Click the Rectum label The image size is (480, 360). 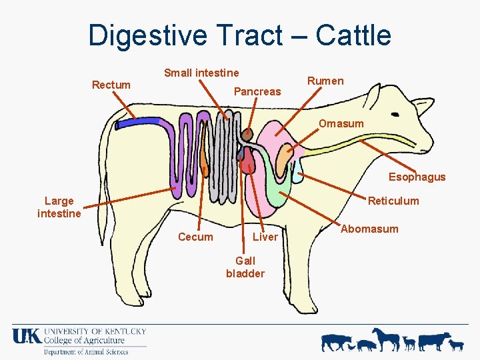[x=111, y=85]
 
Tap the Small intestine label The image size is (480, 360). [x=201, y=73]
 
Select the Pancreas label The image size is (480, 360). [x=257, y=91]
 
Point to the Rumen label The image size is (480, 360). [x=325, y=81]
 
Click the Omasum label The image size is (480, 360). [x=341, y=123]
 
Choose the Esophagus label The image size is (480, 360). [x=417, y=177]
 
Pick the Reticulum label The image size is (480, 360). [x=393, y=201]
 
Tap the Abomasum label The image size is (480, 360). [x=369, y=229]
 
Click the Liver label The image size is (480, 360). [x=265, y=237]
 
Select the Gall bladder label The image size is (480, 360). [x=245, y=267]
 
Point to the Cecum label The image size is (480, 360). [x=195, y=237]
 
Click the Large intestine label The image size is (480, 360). [x=59, y=207]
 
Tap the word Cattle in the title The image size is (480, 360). [x=353, y=35]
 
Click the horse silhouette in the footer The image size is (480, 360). [x=387, y=338]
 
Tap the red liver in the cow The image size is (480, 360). [x=249, y=160]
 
